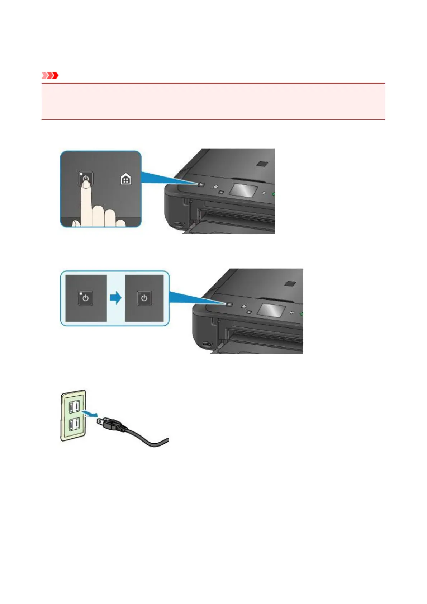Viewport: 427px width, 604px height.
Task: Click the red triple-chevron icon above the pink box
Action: [x=50, y=76]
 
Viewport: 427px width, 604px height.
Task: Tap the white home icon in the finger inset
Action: [x=125, y=179]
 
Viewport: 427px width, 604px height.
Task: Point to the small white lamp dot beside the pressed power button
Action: [x=81, y=174]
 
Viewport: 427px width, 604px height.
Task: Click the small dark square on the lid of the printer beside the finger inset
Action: [x=262, y=164]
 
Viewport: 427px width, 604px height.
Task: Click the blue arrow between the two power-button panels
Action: [x=115, y=298]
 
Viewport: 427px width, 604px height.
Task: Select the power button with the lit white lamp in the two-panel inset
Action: [x=85, y=298]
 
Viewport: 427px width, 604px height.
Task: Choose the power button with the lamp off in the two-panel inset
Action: [x=144, y=298]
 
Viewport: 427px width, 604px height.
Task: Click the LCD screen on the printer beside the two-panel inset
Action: [x=272, y=310]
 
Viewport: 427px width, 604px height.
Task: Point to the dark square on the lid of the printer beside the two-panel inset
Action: [x=290, y=283]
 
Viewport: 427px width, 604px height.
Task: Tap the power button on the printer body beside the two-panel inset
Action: [x=229, y=305]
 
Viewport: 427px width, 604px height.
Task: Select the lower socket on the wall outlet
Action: [x=74, y=424]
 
